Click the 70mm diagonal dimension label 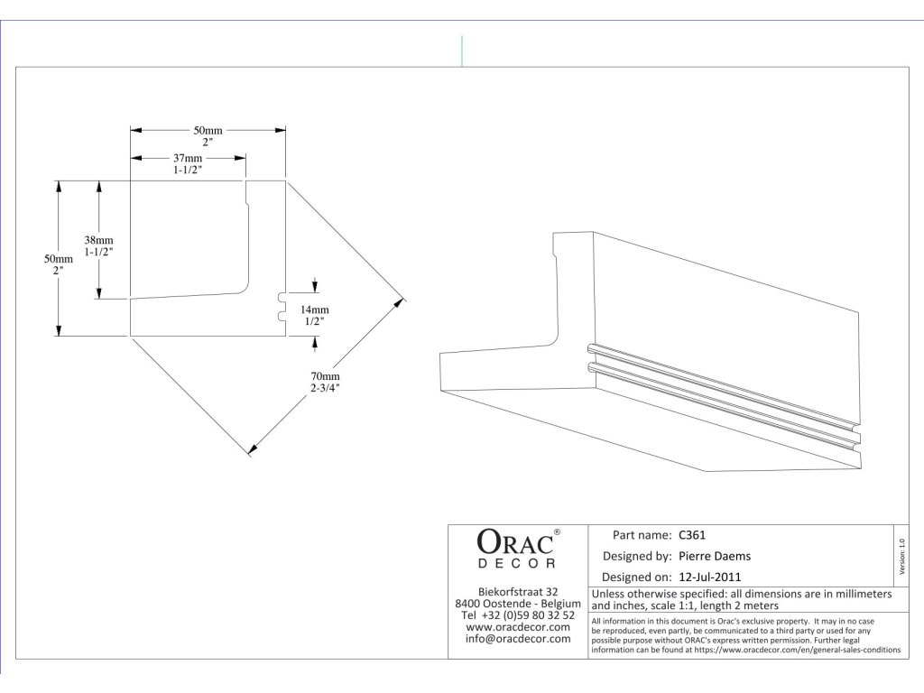(325, 375)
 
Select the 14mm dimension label (314, 309)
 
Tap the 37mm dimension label (188, 158)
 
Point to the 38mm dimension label (98, 240)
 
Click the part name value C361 (694, 534)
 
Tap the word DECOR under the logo (516, 564)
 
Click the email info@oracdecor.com (518, 639)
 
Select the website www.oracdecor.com (518, 627)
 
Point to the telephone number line (518, 614)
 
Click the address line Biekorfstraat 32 (518, 591)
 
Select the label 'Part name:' (642, 534)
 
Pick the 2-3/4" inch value (325, 387)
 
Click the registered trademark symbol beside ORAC (557, 532)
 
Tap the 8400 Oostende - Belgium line (518, 603)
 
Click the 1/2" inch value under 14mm (314, 320)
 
